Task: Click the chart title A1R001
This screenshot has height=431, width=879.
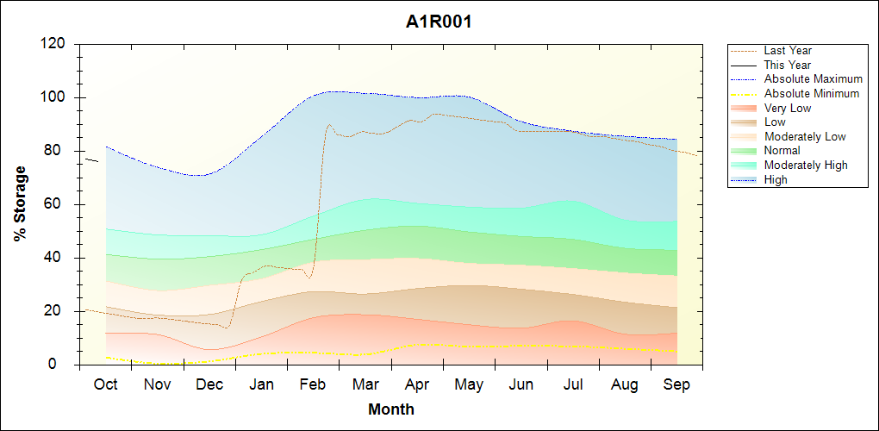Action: (x=439, y=22)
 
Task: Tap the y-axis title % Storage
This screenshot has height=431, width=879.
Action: (x=20, y=209)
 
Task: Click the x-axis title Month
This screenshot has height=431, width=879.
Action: (x=390, y=409)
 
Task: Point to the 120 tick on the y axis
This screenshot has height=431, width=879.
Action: (x=55, y=44)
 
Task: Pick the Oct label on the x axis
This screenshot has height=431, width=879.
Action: (x=105, y=384)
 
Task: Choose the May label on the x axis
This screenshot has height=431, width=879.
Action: (x=469, y=384)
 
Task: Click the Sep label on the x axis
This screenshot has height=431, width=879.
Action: (x=676, y=384)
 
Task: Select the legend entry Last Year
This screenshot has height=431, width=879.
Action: (x=788, y=51)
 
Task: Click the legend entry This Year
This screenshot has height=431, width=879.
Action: (x=788, y=65)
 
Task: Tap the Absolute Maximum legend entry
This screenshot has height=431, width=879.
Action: (x=813, y=79)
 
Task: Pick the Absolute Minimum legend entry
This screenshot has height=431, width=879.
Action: (x=812, y=93)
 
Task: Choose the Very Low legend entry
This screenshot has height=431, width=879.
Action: (x=788, y=108)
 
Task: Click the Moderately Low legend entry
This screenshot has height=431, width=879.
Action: (x=805, y=136)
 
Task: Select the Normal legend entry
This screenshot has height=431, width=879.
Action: (x=782, y=151)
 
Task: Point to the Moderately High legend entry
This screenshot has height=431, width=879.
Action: (x=806, y=165)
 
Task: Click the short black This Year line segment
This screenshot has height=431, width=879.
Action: (x=91, y=159)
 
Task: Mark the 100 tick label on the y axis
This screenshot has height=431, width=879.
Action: (x=55, y=97)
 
